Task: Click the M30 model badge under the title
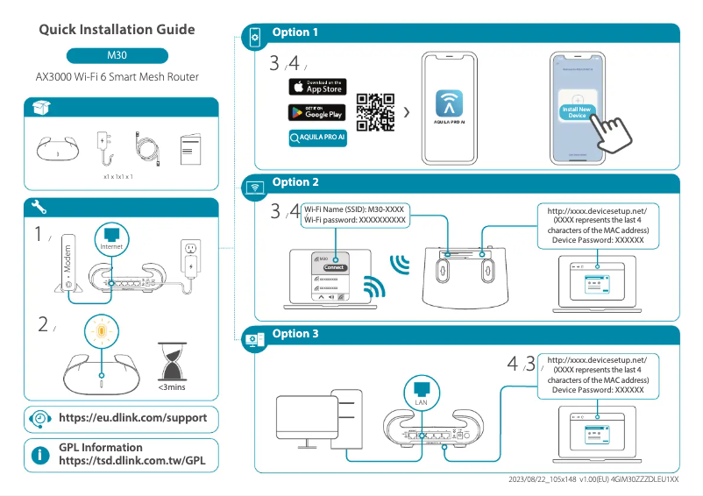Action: coord(117,55)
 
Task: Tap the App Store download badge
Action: coord(317,87)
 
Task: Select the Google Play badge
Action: coord(317,112)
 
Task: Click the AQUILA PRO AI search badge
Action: coord(317,138)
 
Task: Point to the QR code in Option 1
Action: coord(376,112)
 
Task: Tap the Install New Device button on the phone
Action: coord(577,111)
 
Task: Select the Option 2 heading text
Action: coord(295,182)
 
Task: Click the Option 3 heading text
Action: coord(295,334)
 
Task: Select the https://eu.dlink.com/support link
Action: coord(132,418)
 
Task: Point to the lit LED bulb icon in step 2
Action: coord(101,334)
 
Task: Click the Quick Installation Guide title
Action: coord(117,30)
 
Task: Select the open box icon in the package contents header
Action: coord(40,107)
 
